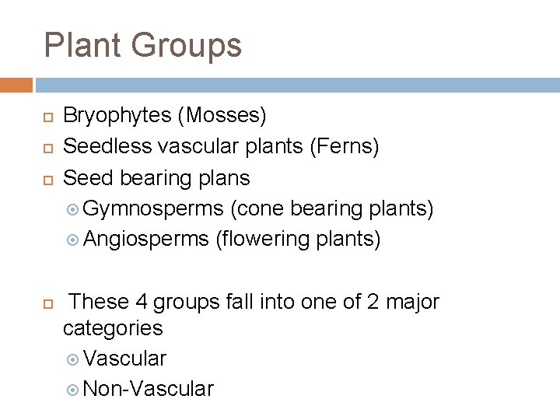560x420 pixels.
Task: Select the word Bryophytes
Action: [117, 116]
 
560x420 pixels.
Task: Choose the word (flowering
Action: [264, 240]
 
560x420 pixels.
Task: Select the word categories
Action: [113, 327]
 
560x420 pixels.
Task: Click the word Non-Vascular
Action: [148, 389]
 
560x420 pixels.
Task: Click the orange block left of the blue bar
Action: [16, 85]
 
